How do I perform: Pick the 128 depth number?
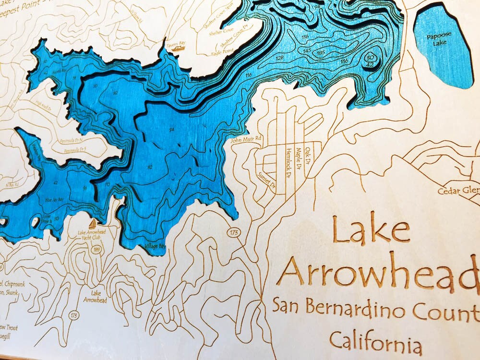tap(279, 58)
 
